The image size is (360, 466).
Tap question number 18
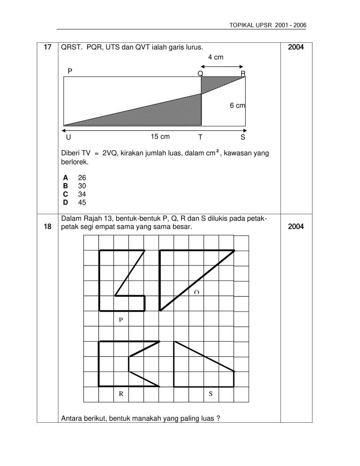(x=47, y=226)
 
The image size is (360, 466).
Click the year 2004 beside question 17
(x=296, y=48)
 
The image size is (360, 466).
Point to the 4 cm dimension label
(x=216, y=57)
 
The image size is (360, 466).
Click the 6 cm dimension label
(x=237, y=106)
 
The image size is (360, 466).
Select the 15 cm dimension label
(x=160, y=137)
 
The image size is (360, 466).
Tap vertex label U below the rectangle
(x=69, y=137)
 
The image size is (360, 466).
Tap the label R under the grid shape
(x=121, y=394)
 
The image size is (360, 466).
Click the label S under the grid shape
(x=210, y=394)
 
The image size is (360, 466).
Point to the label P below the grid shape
(x=120, y=320)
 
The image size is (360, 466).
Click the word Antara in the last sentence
(x=72, y=418)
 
